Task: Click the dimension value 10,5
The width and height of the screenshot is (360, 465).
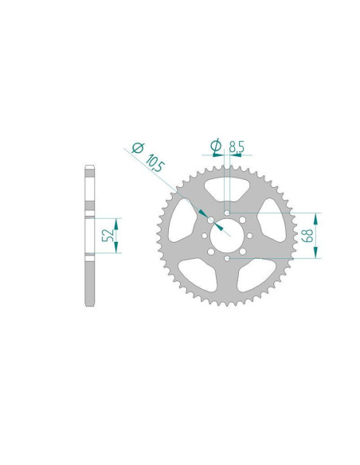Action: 155,162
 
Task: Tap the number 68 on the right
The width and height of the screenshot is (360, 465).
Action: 307,236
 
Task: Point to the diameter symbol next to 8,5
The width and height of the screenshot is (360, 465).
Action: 214,145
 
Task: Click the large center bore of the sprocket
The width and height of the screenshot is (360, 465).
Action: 227,235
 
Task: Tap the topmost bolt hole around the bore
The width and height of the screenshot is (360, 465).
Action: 228,213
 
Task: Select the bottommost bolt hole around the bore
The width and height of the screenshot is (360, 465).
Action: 228,257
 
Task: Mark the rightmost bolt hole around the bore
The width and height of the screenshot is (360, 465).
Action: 249,236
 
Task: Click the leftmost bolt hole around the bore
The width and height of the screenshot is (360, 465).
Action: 205,236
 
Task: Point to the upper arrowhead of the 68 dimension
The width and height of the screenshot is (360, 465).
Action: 316,218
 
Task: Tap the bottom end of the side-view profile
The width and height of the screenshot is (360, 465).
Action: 90,303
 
